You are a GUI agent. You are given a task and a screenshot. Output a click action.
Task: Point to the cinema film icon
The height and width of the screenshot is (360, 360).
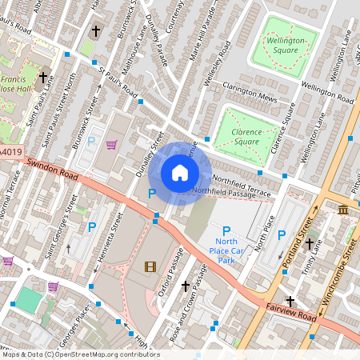coord(150,266)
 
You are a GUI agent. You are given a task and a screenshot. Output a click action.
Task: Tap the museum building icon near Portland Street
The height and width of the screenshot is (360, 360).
coord(343,210)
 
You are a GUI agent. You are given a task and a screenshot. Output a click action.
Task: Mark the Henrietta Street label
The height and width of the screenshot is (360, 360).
coord(111,240)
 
